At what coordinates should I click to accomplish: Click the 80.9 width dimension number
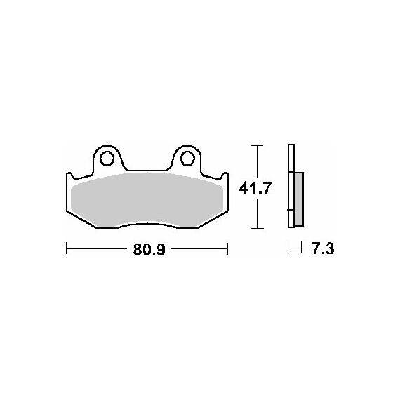(x=149, y=250)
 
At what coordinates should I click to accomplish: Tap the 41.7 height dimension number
(x=254, y=189)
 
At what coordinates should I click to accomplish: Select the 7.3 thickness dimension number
(x=323, y=248)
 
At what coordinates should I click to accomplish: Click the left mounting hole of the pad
(x=107, y=159)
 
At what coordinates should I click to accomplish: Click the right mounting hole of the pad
(x=187, y=159)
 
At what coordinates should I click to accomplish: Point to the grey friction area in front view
(x=147, y=200)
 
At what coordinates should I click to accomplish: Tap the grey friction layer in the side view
(x=298, y=199)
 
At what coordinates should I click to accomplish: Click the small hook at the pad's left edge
(x=69, y=175)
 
